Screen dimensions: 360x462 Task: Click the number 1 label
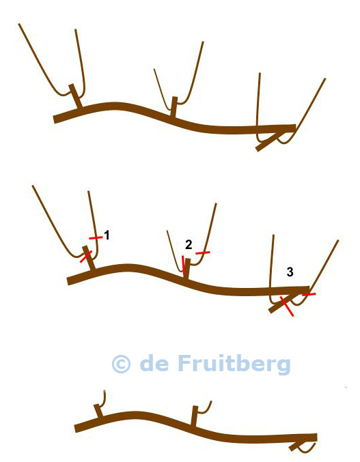click(x=107, y=235)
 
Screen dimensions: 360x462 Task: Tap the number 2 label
click(x=189, y=244)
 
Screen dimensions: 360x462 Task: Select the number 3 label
click(x=290, y=272)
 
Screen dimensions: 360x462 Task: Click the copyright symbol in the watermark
click(x=121, y=364)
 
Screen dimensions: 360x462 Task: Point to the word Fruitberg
click(x=234, y=364)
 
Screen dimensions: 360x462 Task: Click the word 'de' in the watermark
click(x=154, y=363)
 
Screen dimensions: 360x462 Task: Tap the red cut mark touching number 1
click(x=96, y=237)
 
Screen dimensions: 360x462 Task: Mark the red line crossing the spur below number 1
click(x=86, y=257)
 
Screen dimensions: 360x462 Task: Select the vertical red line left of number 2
click(x=183, y=265)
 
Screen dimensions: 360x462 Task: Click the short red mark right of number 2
click(x=203, y=252)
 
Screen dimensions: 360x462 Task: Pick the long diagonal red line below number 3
click(x=287, y=306)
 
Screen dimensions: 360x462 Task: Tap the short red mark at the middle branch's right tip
click(x=309, y=294)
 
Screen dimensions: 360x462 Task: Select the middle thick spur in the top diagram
click(x=174, y=106)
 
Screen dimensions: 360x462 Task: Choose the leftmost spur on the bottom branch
click(x=98, y=411)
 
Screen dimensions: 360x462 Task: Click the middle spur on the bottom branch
click(x=194, y=416)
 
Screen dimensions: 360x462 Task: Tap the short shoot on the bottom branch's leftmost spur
click(x=104, y=399)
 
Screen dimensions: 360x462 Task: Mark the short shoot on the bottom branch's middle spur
click(x=205, y=408)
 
